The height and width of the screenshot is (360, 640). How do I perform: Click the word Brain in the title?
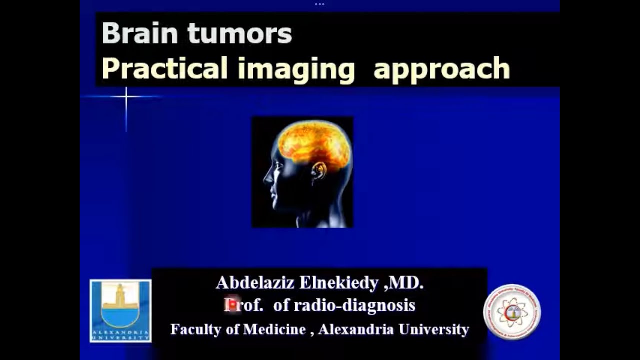click(139, 34)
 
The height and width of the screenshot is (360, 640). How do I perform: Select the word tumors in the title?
click(240, 34)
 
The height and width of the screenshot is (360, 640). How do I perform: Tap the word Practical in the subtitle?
click(165, 68)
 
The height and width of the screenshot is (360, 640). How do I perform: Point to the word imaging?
click(296, 69)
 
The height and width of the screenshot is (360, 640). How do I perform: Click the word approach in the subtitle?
click(441, 69)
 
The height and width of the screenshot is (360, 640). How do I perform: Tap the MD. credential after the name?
click(406, 283)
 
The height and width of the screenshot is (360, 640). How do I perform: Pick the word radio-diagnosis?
click(354, 305)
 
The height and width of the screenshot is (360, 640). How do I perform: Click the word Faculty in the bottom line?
click(195, 330)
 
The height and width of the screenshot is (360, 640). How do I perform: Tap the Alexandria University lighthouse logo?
click(120, 310)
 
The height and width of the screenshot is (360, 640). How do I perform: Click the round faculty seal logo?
click(512, 312)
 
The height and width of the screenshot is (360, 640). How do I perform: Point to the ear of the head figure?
click(319, 171)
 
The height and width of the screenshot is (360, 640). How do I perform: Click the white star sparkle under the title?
click(126, 96)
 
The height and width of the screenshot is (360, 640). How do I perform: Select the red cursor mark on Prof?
click(231, 304)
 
